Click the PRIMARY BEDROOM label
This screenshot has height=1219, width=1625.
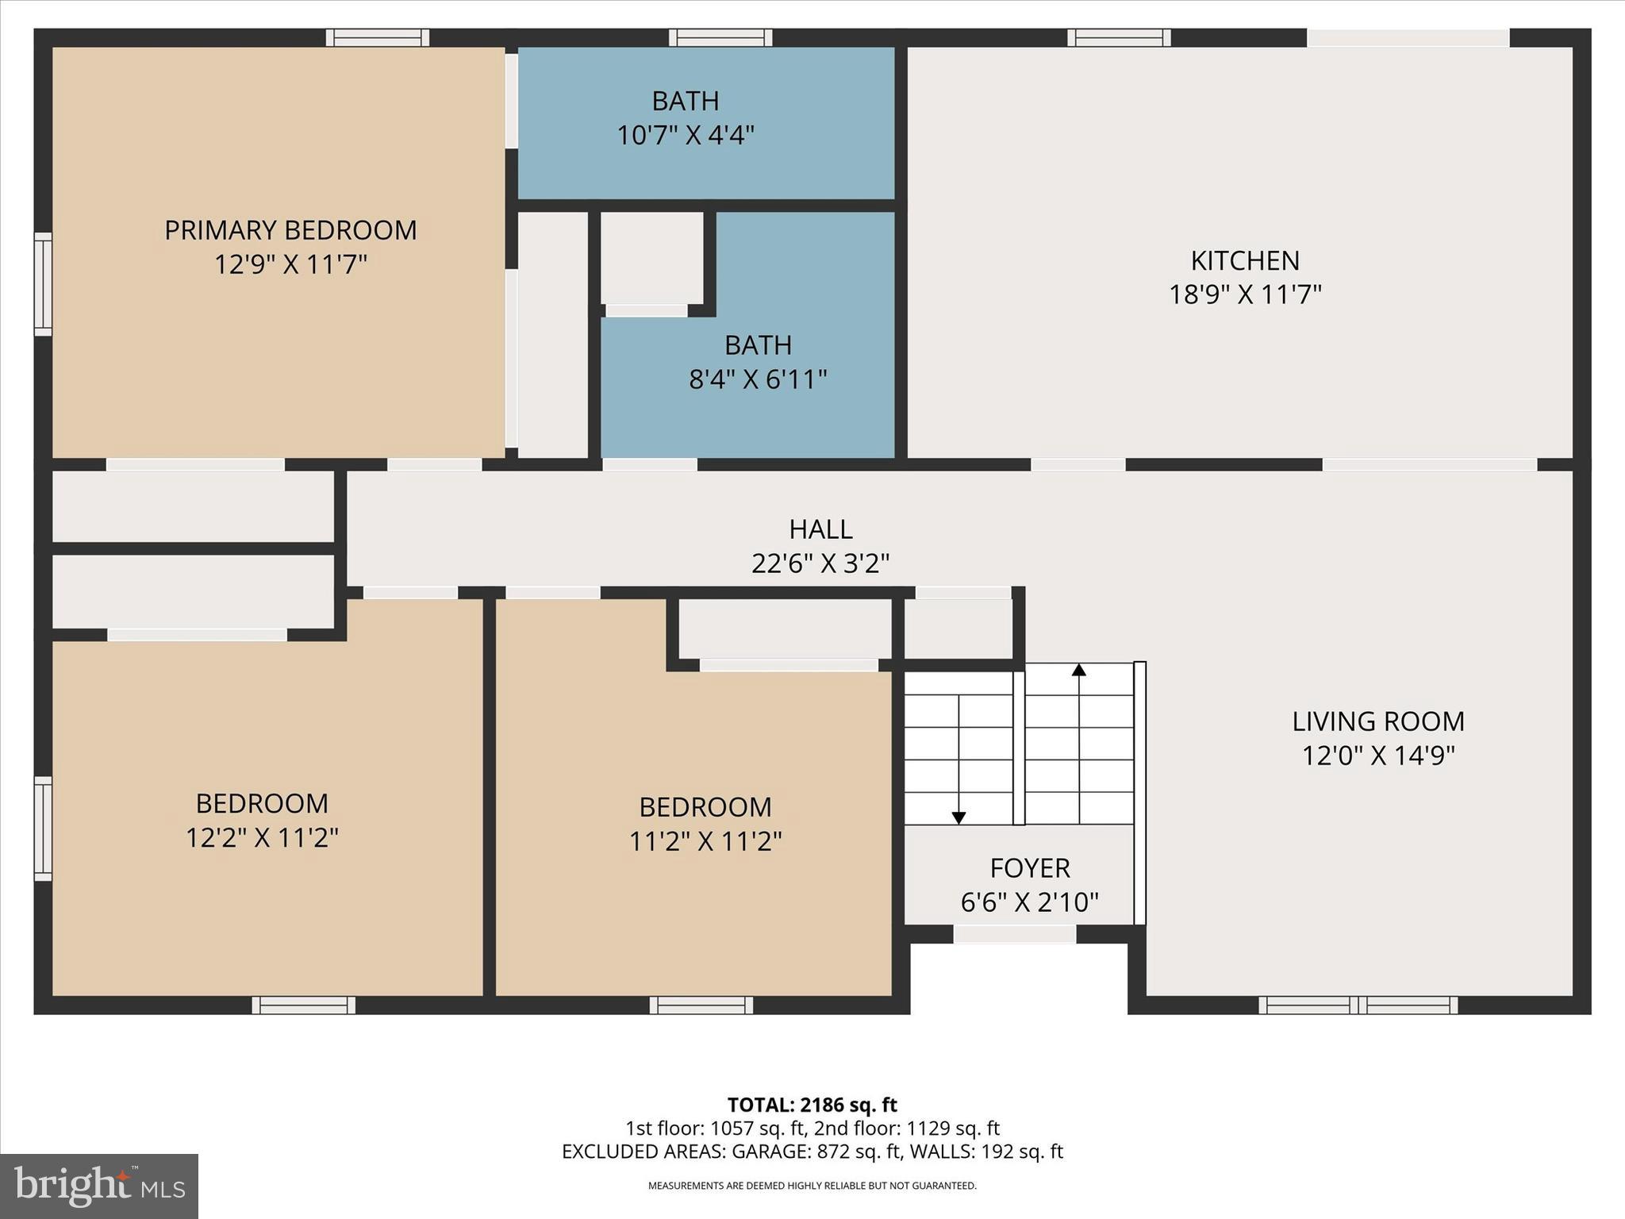point(290,230)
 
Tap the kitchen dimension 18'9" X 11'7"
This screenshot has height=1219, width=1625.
point(1245,295)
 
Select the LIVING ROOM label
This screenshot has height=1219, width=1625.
point(1378,721)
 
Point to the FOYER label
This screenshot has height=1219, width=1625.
point(1030,868)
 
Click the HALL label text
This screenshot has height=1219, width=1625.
point(820,529)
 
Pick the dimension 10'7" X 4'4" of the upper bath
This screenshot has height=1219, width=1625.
point(686,136)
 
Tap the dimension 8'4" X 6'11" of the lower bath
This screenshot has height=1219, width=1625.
point(758,380)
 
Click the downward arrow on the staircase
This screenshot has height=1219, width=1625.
point(958,817)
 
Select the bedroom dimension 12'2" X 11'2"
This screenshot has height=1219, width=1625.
point(262,838)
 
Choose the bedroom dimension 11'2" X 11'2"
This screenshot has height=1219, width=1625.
point(705,841)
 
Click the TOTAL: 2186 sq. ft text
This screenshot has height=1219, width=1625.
point(812,1105)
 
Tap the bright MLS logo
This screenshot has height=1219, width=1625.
point(99,1186)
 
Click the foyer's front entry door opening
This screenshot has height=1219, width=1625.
point(1014,935)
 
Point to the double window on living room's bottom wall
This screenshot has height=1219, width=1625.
point(1358,1006)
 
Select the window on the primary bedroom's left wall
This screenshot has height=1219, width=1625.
point(43,283)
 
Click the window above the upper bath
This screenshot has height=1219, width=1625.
point(720,37)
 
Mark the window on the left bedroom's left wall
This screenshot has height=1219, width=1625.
point(43,829)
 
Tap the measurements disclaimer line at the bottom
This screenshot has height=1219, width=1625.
point(812,1186)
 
